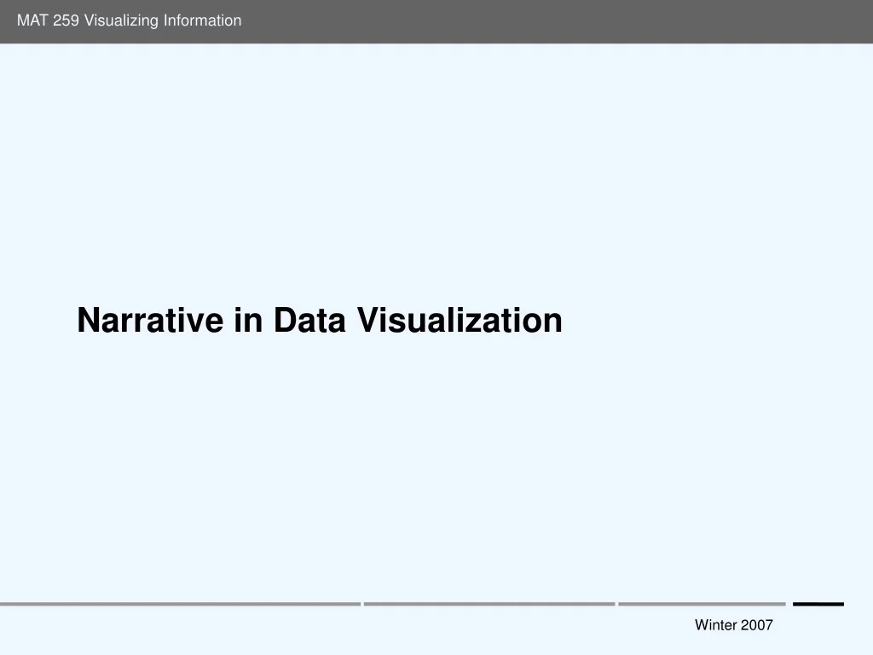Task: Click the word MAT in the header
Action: [x=32, y=20]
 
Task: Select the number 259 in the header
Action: [x=66, y=20]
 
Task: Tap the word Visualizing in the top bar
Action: [x=117, y=20]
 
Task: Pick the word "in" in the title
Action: [x=241, y=321]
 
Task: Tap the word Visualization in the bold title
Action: [x=459, y=321]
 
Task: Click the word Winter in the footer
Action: [x=715, y=625]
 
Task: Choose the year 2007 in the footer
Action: [x=757, y=625]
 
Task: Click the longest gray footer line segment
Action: [x=180, y=604]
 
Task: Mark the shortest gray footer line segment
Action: [x=702, y=604]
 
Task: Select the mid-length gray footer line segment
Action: [x=489, y=604]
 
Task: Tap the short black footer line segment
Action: [x=818, y=604]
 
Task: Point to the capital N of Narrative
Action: [x=88, y=321]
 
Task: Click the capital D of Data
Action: [x=285, y=321]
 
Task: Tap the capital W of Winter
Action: [x=702, y=625]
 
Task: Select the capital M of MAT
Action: [x=23, y=20]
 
